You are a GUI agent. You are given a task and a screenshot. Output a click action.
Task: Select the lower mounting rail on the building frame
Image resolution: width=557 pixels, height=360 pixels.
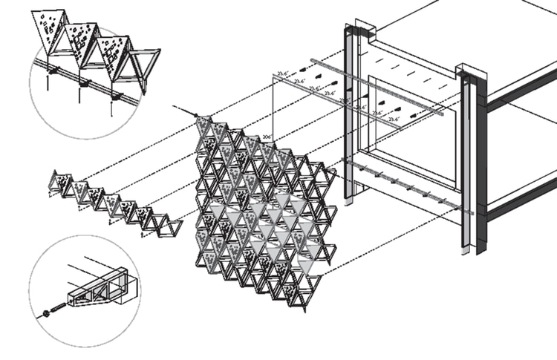coord(408,186)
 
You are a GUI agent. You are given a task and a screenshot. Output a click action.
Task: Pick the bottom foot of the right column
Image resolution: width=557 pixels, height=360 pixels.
coord(464,251)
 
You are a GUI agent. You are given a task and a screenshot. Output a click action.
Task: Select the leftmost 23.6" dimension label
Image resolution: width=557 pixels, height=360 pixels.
coord(283,73)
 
